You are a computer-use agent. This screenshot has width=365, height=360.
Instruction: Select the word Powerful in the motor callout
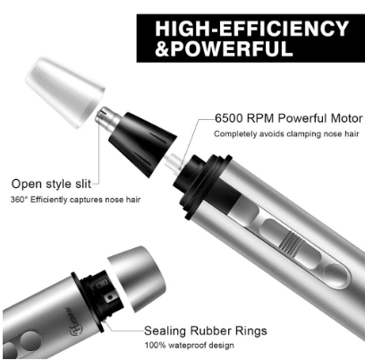coord(302,118)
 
